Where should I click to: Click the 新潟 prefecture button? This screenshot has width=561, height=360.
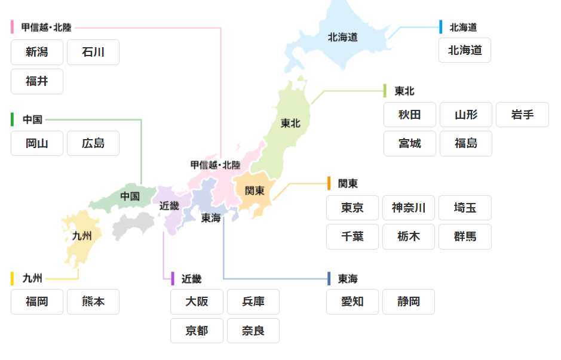coord(37,53)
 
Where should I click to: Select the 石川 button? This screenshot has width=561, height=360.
coord(93,53)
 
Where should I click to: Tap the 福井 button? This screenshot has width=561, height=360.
coord(37,81)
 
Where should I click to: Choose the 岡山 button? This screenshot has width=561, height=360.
coord(37,143)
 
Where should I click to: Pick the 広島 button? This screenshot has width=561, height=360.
coord(93,143)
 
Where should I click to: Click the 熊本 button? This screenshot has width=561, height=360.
coord(93,302)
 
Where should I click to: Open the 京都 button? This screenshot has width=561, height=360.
coord(197,331)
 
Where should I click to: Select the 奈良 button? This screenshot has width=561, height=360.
coord(253,331)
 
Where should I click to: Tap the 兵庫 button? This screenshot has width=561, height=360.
coord(253,302)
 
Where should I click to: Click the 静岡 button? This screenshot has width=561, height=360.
coord(409,302)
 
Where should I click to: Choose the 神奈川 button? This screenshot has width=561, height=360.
coord(409,208)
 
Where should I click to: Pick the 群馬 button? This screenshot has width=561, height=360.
coord(465,236)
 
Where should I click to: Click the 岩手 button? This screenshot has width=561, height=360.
coord(522,115)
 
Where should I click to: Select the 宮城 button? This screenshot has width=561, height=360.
coord(410,143)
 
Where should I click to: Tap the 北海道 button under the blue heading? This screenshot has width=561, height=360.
coord(465,50)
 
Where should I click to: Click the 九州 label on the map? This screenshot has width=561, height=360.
coord(82,236)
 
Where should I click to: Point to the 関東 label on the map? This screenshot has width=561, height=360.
coord(255,190)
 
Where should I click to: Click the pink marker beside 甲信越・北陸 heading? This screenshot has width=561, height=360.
coord(13,27)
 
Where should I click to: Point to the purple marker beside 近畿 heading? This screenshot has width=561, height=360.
coord(173,279)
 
